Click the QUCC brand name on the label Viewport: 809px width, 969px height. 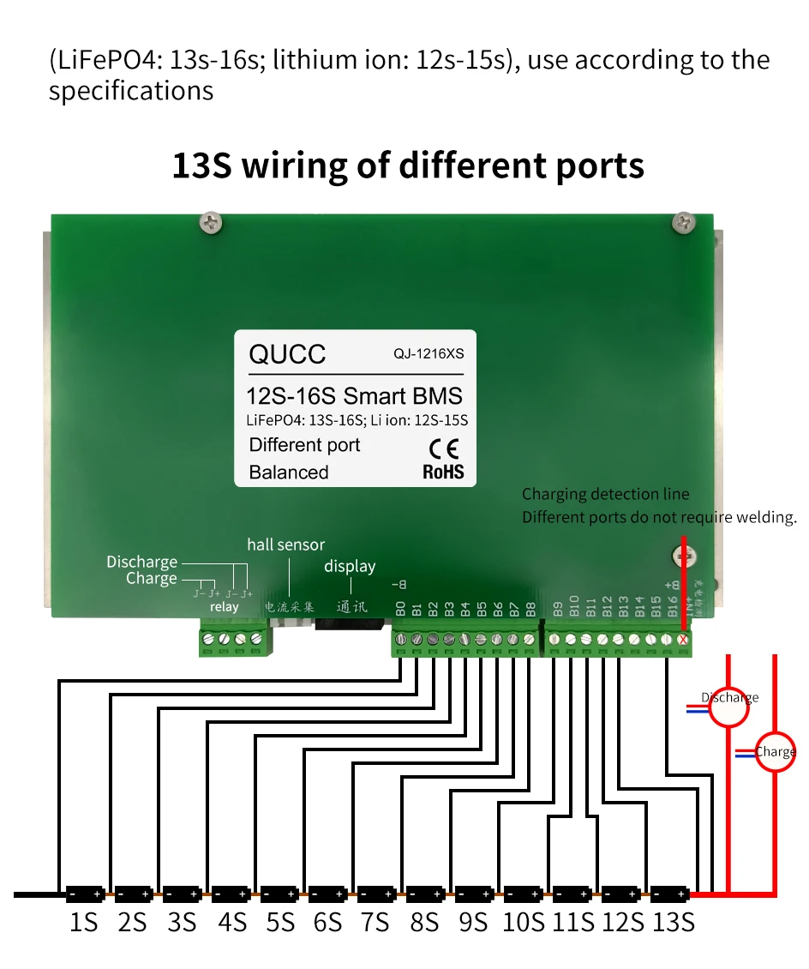pos(287,354)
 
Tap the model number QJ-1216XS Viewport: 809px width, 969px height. pos(428,352)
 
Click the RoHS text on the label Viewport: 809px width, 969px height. pos(443,472)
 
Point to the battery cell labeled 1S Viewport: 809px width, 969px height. pos(85,894)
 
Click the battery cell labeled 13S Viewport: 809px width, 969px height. pos(670,894)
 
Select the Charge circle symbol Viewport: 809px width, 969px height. pos(775,752)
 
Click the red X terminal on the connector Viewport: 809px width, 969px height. pos(683,639)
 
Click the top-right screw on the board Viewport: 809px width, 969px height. pos(683,221)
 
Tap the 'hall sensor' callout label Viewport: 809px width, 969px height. pos(286,545)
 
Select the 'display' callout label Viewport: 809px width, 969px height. pos(350,566)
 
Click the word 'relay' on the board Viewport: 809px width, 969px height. pos(225,607)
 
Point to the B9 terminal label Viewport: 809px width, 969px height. pos(558,608)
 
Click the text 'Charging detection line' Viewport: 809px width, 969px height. pos(605,494)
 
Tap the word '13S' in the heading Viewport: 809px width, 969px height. pos(202,165)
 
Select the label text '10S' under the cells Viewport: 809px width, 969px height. pos(524,923)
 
